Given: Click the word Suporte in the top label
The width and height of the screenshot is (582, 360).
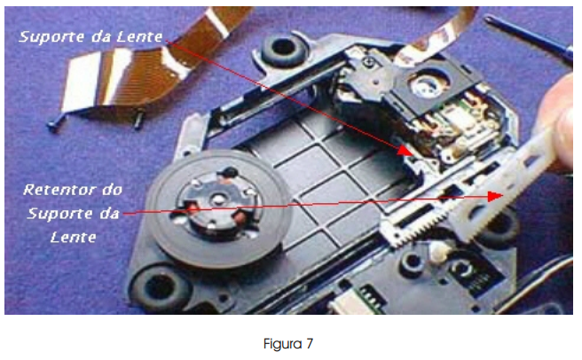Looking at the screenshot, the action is [52, 37].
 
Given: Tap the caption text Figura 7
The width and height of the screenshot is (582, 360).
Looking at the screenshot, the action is [288, 344].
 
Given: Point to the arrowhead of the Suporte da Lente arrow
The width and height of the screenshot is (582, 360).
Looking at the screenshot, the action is [405, 151].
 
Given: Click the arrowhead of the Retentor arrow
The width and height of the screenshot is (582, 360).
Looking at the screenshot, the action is [495, 196].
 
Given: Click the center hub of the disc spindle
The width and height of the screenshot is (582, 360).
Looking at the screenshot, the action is [216, 200].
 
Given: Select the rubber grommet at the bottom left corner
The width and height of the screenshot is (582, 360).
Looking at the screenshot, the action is [160, 287].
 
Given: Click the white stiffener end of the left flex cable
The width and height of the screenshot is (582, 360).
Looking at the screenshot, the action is [80, 82].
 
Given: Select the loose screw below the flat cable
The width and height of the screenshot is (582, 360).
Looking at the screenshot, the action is [138, 121].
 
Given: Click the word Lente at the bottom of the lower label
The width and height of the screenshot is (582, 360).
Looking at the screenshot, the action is [73, 238].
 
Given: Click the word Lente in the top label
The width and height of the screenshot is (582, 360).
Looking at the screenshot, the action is [139, 37].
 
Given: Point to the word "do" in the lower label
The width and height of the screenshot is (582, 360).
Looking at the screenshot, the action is [112, 190].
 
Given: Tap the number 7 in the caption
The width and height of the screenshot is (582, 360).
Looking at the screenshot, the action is [309, 344].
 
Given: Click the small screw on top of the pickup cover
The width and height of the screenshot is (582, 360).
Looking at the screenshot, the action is [368, 61].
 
